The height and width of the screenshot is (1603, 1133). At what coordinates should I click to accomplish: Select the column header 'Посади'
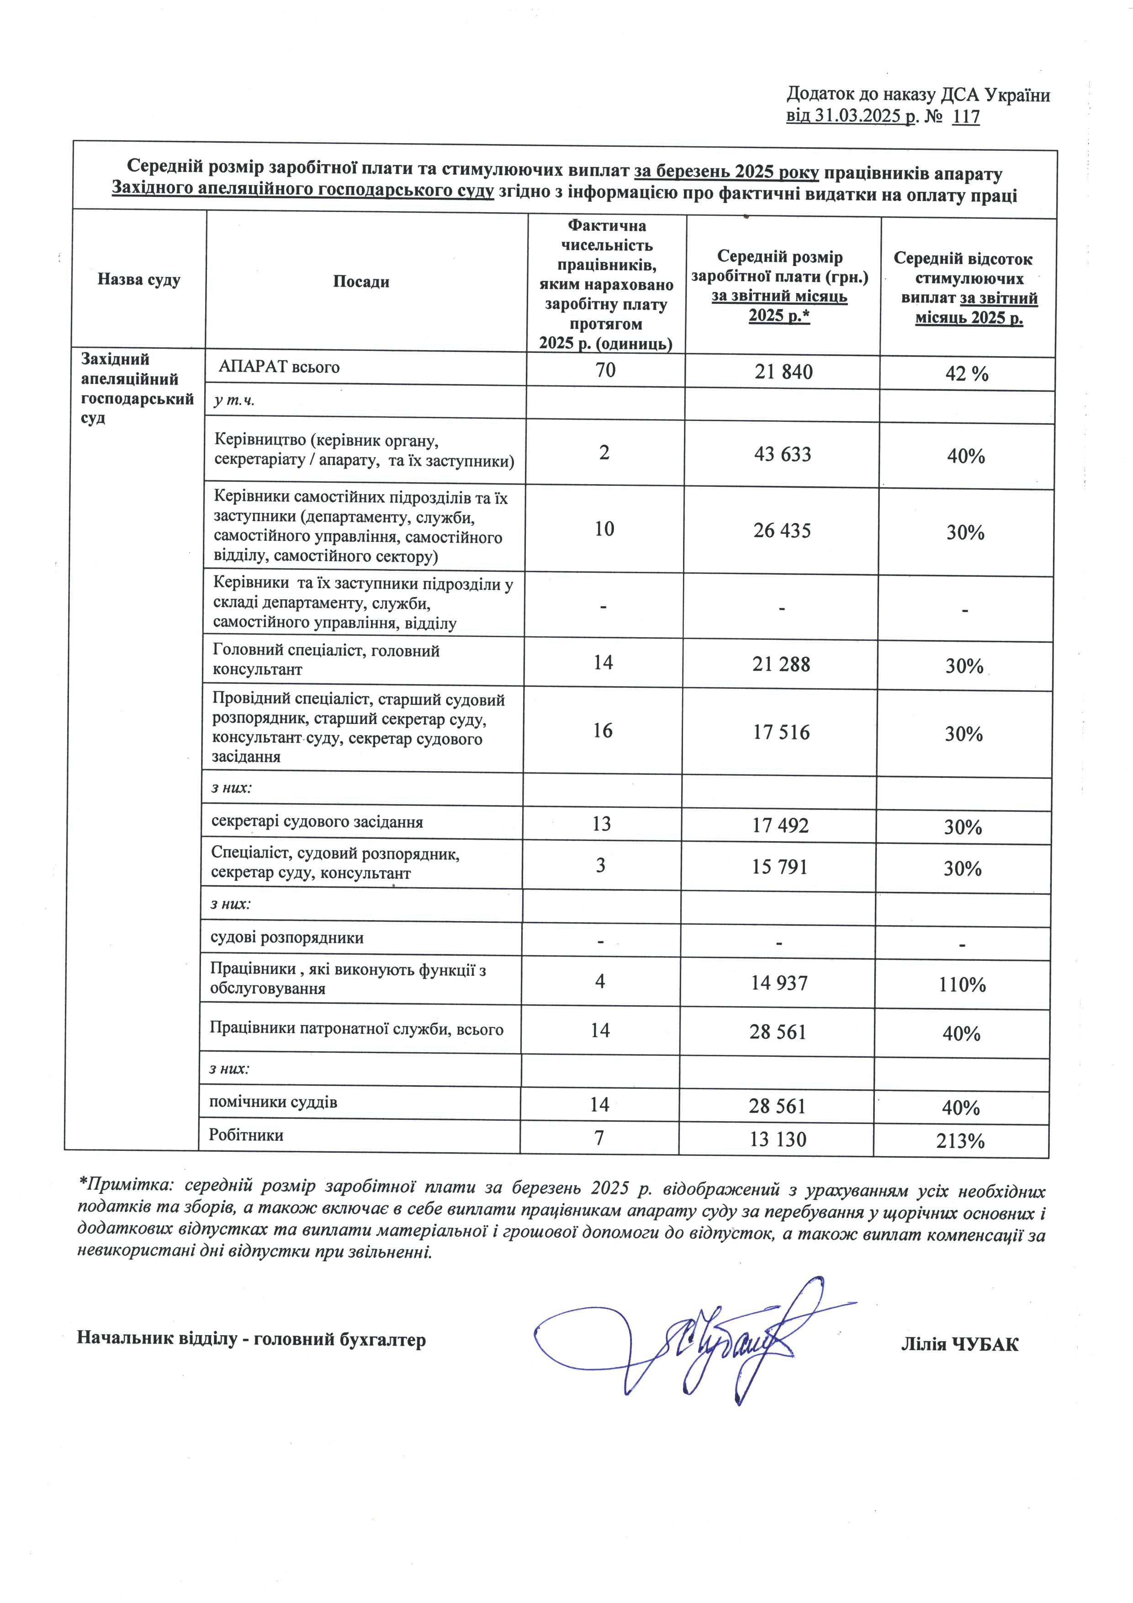361,282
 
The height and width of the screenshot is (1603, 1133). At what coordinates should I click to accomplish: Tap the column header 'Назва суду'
139,280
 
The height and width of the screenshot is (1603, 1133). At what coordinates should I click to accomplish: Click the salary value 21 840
784,372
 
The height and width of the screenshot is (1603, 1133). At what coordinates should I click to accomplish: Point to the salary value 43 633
783,454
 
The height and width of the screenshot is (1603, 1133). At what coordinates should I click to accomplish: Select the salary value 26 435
782,531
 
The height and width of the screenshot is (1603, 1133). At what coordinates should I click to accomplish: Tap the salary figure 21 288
781,664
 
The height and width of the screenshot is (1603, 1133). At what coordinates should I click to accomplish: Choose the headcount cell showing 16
603,731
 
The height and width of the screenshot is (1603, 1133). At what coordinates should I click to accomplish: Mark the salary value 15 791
779,867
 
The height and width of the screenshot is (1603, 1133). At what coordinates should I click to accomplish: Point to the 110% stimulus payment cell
962,985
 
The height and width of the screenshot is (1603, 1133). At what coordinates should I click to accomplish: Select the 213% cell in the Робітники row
961,1141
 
